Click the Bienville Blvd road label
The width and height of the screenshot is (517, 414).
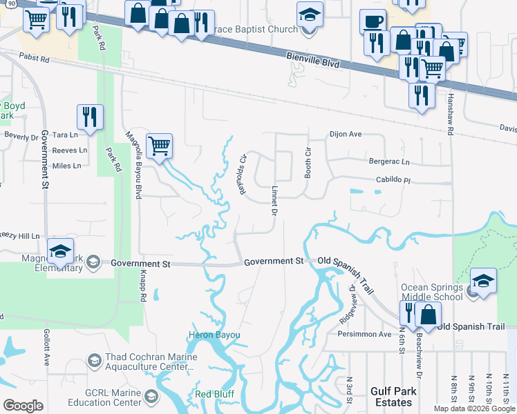(x=313, y=63)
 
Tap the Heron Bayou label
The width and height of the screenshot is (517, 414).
(x=214, y=335)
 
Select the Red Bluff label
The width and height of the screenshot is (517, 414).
(x=214, y=394)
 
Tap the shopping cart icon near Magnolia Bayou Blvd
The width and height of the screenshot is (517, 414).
(x=160, y=146)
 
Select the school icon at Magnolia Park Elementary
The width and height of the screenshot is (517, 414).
(x=61, y=251)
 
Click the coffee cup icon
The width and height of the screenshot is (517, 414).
(x=373, y=22)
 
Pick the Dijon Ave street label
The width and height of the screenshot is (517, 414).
(x=346, y=135)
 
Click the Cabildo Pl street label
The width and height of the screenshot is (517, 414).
(x=393, y=181)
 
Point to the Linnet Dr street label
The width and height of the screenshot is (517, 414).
(x=274, y=199)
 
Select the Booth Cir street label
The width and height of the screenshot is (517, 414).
(x=308, y=163)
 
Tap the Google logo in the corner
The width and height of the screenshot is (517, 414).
(x=23, y=406)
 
